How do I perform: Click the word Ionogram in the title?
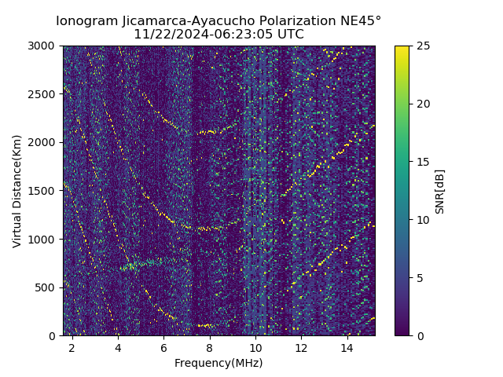[87, 20]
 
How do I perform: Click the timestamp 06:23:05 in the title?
[227, 35]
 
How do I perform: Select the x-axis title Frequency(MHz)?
[218, 363]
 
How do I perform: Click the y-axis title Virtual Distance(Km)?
[17, 191]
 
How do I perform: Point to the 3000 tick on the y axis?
[44, 46]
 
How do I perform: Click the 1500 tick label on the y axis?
[44, 191]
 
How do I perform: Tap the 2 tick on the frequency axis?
[72, 348]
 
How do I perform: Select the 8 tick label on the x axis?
[210, 348]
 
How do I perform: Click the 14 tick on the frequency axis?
[347, 348]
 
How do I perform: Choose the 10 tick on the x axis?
[255, 348]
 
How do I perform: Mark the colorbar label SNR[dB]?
[440, 191]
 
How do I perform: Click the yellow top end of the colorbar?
[402, 48]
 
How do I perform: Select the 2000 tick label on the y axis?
[44, 142]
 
